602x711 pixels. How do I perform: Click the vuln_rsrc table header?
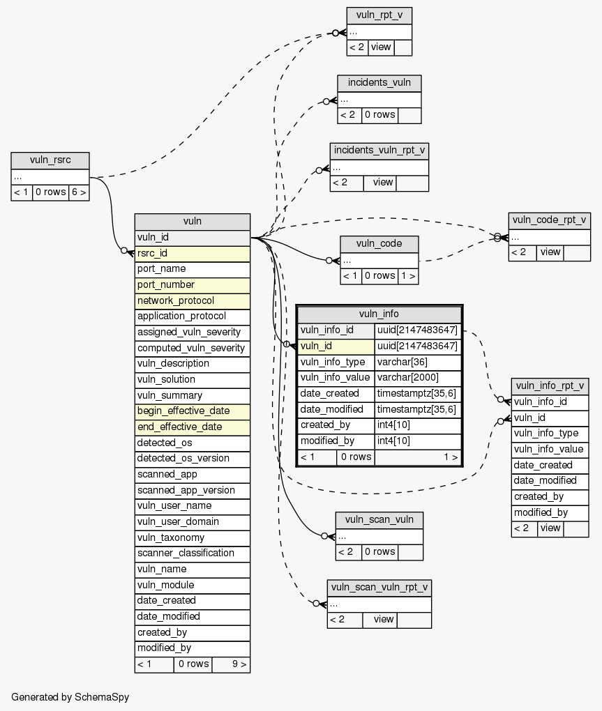click(x=50, y=160)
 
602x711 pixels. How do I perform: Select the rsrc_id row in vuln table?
click(x=192, y=253)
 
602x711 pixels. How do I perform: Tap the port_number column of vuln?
click(x=192, y=284)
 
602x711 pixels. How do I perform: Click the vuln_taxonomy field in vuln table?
click(x=192, y=537)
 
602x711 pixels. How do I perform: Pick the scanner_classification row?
click(x=192, y=553)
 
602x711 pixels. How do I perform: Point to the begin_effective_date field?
click(x=192, y=411)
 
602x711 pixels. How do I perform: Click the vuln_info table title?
click(x=379, y=314)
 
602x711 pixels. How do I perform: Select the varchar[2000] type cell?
click(x=417, y=377)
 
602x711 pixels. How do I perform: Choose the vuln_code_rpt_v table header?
click(x=550, y=220)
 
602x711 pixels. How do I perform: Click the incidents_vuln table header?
click(x=379, y=83)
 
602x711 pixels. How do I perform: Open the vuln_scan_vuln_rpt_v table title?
click(x=379, y=588)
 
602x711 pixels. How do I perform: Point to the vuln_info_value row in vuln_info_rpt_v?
click(x=549, y=449)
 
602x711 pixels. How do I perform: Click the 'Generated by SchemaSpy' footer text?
click(x=70, y=696)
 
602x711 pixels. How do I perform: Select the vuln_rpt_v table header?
click(x=379, y=15)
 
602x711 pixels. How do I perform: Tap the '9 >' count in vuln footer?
click(x=231, y=664)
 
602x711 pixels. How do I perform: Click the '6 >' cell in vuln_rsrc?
click(x=79, y=192)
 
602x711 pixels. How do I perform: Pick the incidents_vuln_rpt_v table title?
click(x=379, y=151)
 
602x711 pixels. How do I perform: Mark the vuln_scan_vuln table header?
click(x=379, y=519)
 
